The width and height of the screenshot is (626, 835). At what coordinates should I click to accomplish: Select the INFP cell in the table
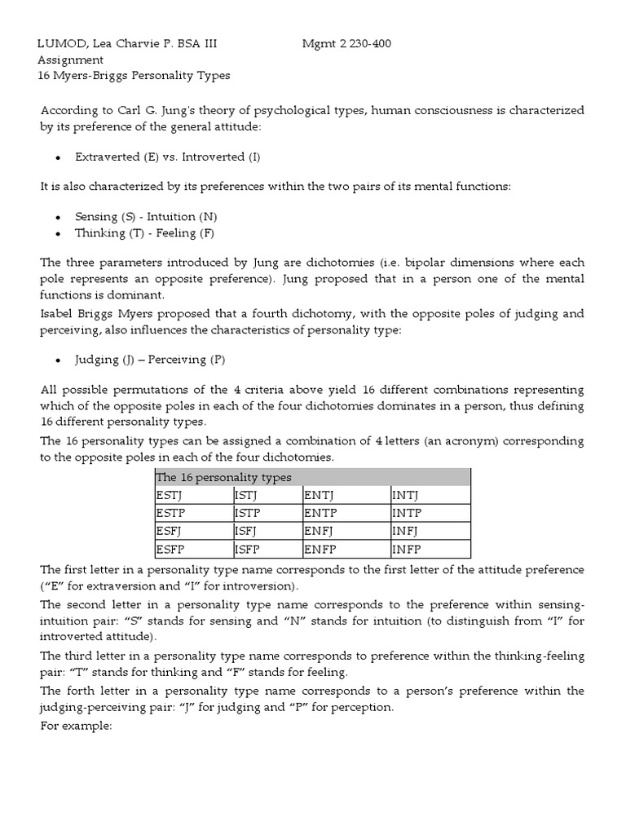click(x=408, y=549)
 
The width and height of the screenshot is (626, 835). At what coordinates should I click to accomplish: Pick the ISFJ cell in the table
click(x=247, y=531)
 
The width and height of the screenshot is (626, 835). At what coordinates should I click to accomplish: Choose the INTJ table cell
click(x=407, y=495)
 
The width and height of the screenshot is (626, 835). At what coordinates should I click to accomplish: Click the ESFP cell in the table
click(x=170, y=549)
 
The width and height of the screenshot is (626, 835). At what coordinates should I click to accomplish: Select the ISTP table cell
click(x=248, y=513)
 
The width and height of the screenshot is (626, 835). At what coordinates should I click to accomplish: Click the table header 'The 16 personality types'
click(x=223, y=477)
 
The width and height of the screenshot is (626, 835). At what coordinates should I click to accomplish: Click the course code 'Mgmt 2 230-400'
click(x=346, y=43)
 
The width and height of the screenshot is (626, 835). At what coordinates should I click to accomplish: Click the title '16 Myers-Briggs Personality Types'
click(x=134, y=76)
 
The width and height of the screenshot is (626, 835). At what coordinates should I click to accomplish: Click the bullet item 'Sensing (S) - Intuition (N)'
click(x=146, y=216)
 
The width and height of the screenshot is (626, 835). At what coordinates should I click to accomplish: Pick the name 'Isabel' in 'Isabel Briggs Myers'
click(x=58, y=314)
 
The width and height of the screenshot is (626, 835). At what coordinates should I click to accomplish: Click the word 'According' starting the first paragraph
click(x=69, y=110)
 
